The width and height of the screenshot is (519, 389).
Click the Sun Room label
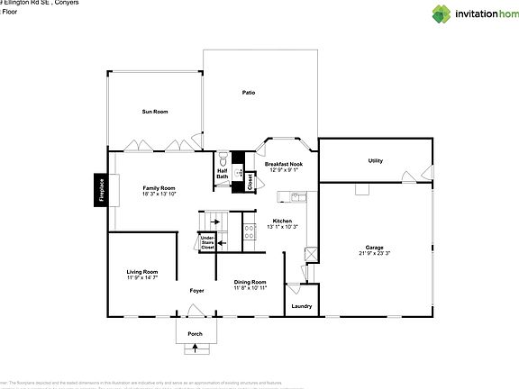coord(155,112)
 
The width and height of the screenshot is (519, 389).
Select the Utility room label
coord(376,160)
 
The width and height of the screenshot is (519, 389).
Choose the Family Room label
coord(155,188)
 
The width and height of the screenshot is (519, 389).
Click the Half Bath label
coord(222,173)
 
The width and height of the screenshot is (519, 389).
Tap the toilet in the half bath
coord(222,157)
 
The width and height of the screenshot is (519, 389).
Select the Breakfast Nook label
coord(284,164)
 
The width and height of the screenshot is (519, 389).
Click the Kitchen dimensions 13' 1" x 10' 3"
coord(282,226)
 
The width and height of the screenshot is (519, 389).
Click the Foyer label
coord(196,291)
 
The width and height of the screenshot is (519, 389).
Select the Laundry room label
coord(302,307)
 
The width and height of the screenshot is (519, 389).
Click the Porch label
coord(195,333)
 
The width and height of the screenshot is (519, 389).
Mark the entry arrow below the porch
coord(195,346)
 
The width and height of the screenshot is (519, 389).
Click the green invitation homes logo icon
coord(442,13)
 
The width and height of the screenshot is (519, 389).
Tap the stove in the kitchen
coord(250,234)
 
